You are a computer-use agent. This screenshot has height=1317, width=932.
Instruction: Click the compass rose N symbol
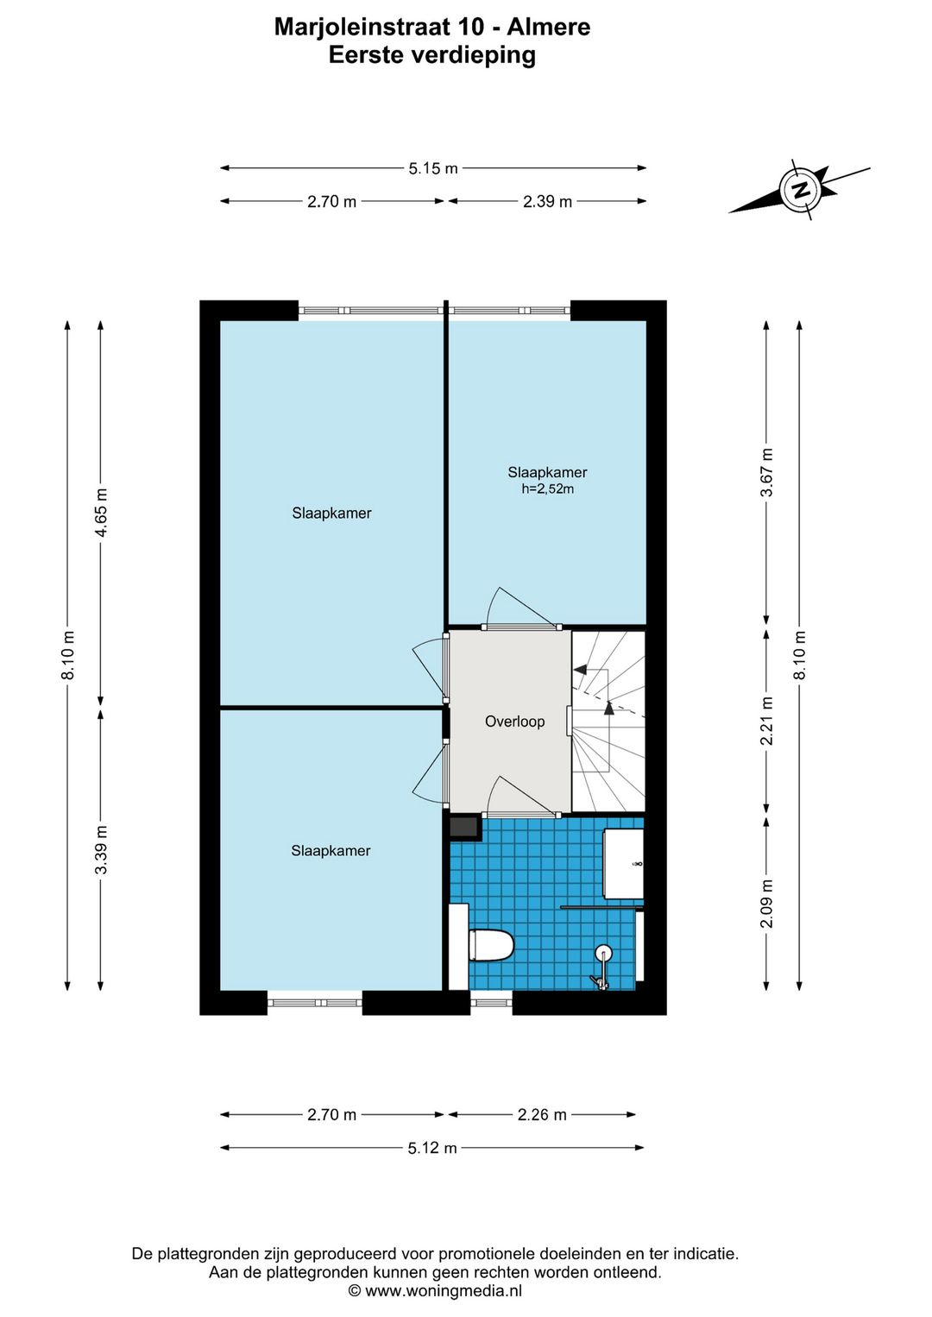coord(800,189)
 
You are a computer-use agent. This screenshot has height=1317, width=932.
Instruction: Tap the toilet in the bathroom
coord(491,943)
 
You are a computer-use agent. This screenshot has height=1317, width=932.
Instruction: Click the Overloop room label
coord(514,722)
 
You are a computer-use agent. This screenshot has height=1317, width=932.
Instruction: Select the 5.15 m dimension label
coord(433,168)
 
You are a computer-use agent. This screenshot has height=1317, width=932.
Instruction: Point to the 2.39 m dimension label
coord(547,202)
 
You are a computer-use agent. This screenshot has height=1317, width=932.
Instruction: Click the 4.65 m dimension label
coord(101,512)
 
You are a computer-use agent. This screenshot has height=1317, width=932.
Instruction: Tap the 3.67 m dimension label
coord(767,472)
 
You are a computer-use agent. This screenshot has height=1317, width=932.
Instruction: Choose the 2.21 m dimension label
coord(767,721)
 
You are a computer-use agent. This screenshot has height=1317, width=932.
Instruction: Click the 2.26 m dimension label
coord(542,1114)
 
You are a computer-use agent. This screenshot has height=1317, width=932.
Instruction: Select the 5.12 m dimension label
coord(432,1147)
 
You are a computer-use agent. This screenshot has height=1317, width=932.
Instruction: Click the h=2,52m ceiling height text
coord(547,488)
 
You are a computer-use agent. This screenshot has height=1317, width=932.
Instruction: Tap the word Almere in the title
coord(549,27)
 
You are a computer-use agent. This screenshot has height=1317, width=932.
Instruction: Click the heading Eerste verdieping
coord(432,55)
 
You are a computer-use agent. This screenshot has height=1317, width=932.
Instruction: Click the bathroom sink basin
coord(623,864)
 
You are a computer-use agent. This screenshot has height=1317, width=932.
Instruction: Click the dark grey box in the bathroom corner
coord(465,827)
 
